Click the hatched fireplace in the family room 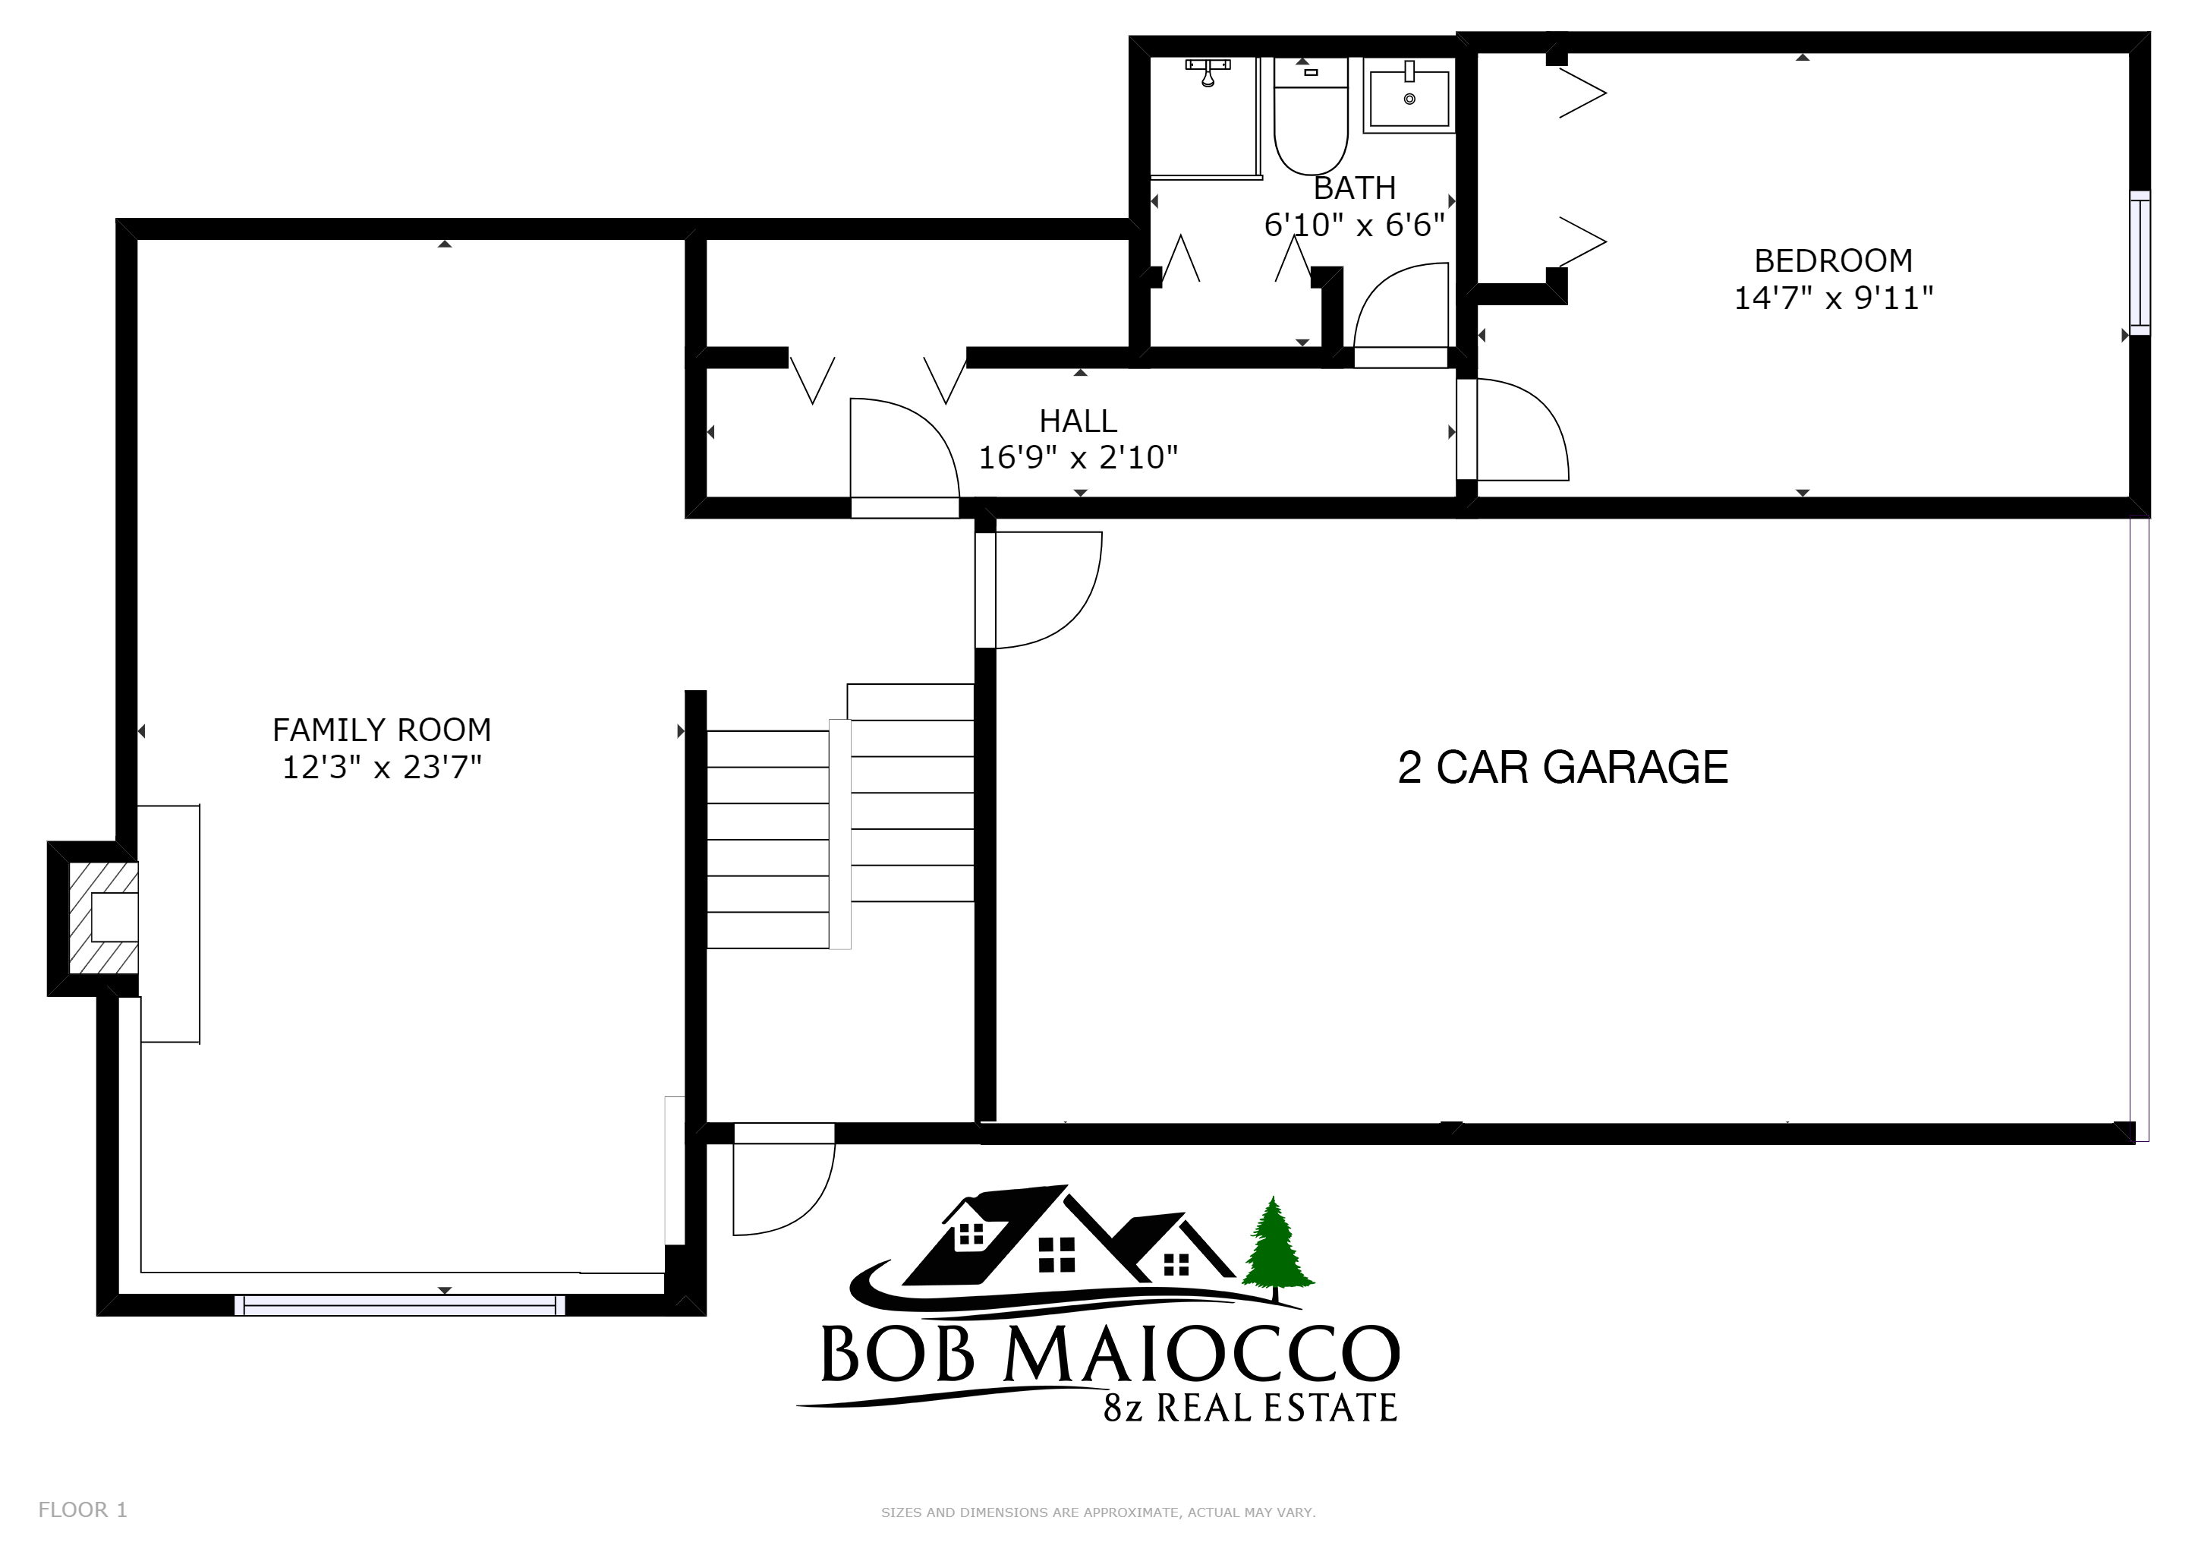(103, 917)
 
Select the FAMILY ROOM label (382, 730)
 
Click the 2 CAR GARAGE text (1563, 767)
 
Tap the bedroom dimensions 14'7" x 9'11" (1833, 298)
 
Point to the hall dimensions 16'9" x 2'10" (1078, 458)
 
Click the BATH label (1355, 188)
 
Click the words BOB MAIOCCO (1110, 1354)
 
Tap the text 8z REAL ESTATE (1249, 1408)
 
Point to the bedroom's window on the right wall (2139, 263)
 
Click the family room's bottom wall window (400, 1304)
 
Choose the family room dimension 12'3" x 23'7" (382, 768)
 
